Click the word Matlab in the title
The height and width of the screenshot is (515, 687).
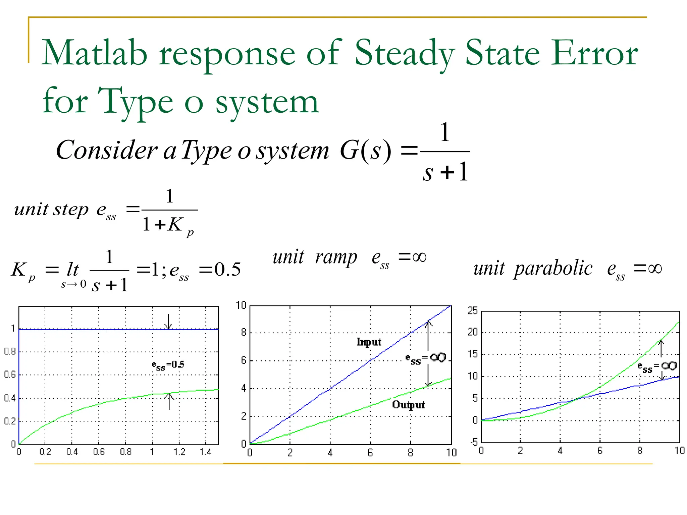[94, 53]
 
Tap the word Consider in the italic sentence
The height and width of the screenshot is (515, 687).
[106, 150]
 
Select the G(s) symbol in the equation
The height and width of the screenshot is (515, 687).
[365, 151]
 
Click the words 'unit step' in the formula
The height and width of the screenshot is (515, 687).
[51, 210]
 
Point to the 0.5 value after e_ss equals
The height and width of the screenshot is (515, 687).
[227, 270]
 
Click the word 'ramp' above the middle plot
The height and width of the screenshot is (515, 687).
[336, 258]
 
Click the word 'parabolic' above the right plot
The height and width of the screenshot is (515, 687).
[553, 269]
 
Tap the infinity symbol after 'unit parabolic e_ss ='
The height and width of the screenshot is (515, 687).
[655, 268]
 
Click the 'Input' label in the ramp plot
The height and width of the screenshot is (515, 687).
[369, 342]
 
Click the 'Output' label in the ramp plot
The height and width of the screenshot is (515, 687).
[408, 405]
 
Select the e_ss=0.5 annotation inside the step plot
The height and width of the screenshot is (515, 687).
[168, 365]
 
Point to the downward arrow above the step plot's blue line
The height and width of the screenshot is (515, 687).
[168, 321]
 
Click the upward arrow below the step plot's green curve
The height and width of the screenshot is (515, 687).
[169, 401]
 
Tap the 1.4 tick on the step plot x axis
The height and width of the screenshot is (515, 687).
[206, 452]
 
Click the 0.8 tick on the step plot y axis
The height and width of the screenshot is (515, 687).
[10, 352]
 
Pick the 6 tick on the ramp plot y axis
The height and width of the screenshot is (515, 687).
[244, 360]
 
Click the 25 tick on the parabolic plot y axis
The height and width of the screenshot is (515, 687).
[473, 311]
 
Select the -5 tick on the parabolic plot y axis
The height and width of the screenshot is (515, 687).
[474, 442]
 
